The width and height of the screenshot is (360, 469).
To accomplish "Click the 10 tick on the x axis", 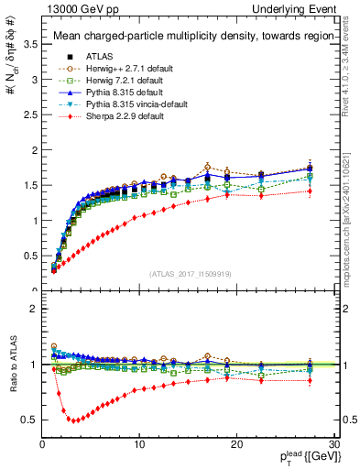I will (139, 444).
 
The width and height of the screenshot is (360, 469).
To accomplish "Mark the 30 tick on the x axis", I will (334, 444).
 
